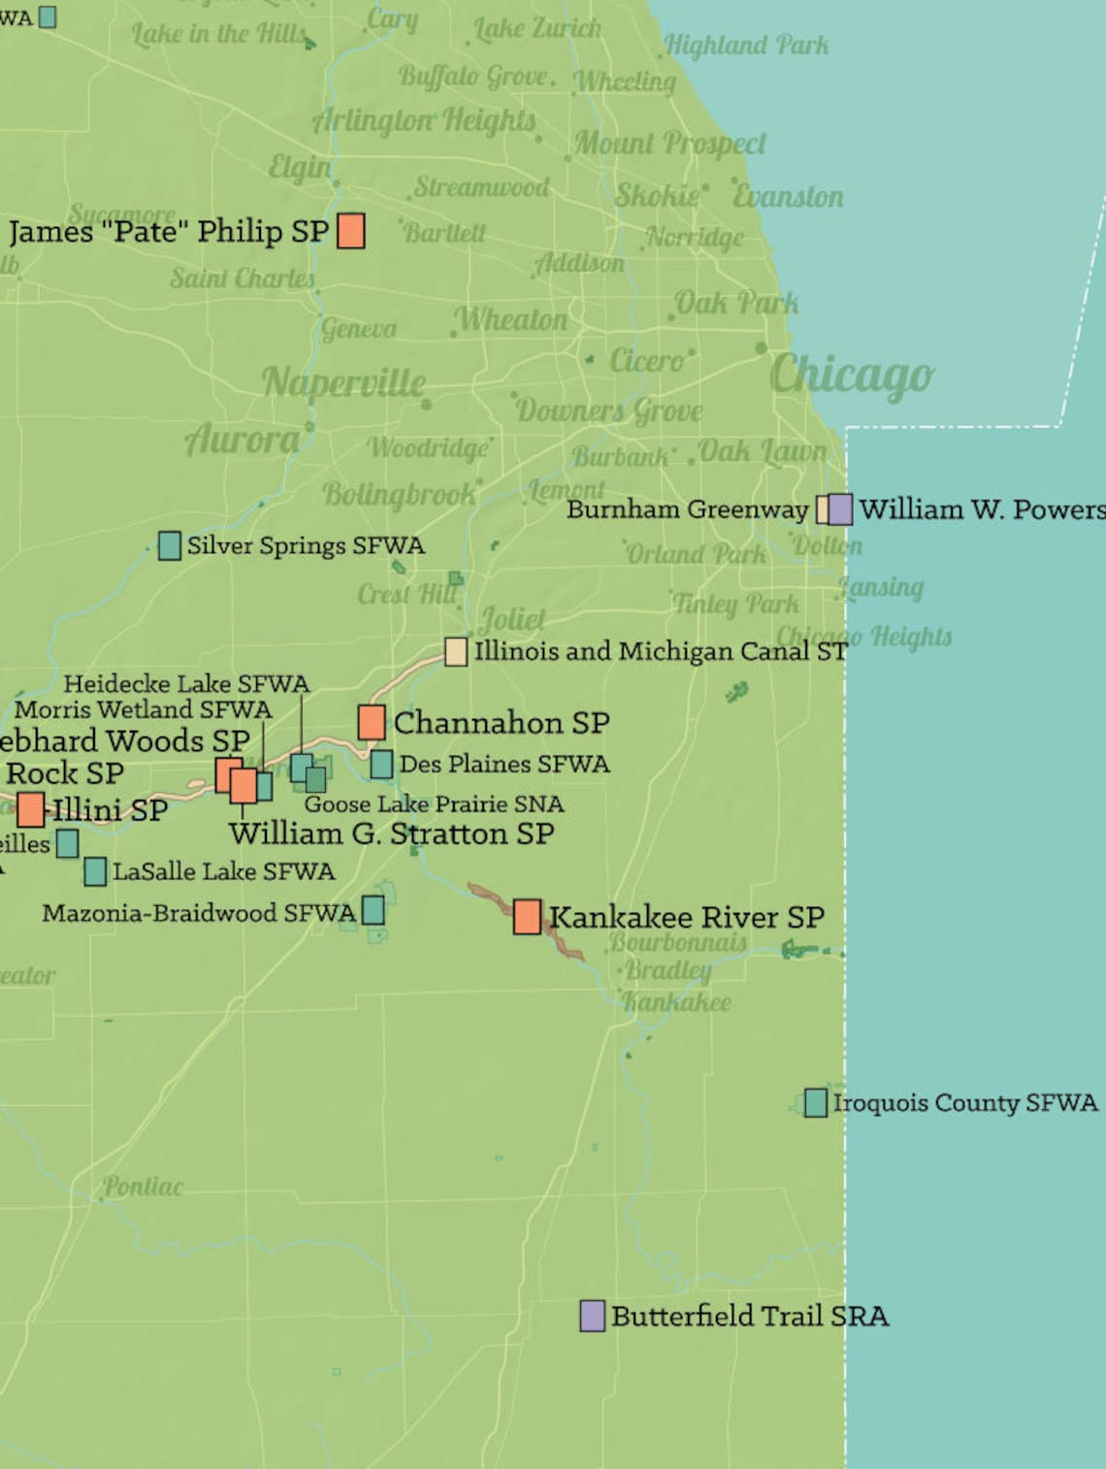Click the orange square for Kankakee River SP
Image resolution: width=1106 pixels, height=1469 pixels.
click(527, 916)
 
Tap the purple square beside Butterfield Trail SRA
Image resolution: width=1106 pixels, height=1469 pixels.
click(592, 1316)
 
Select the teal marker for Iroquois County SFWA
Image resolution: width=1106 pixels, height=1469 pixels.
click(816, 1102)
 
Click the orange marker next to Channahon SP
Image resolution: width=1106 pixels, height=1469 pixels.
click(371, 722)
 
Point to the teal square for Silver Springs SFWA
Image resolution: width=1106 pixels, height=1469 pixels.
click(170, 545)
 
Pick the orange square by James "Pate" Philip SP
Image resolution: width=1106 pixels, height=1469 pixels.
click(350, 231)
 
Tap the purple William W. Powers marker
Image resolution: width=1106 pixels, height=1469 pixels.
click(840, 509)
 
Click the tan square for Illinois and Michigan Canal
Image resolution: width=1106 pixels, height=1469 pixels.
click(455, 651)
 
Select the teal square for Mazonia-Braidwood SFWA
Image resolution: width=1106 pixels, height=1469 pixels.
click(373, 910)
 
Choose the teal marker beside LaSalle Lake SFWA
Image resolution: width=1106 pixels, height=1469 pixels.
click(95, 871)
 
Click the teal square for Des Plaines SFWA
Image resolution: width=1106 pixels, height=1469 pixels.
click(381, 765)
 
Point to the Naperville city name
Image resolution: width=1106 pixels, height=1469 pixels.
click(343, 382)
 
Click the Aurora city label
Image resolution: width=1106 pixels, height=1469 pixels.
click(244, 441)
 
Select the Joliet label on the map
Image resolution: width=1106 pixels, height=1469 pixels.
click(512, 619)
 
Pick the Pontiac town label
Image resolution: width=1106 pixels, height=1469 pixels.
click(143, 1187)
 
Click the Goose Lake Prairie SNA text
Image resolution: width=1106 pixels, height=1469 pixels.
click(434, 804)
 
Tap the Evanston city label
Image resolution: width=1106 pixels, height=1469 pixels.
click(788, 197)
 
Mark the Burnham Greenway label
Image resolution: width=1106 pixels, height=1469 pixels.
click(687, 509)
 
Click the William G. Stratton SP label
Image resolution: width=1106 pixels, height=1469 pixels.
click(392, 833)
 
